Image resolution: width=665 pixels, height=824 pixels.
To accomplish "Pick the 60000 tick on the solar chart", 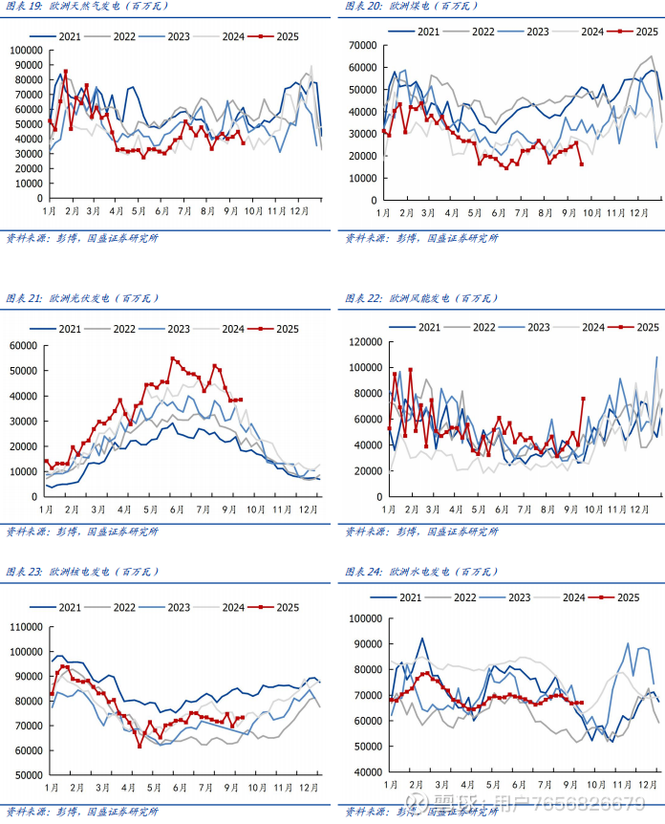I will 22,345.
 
